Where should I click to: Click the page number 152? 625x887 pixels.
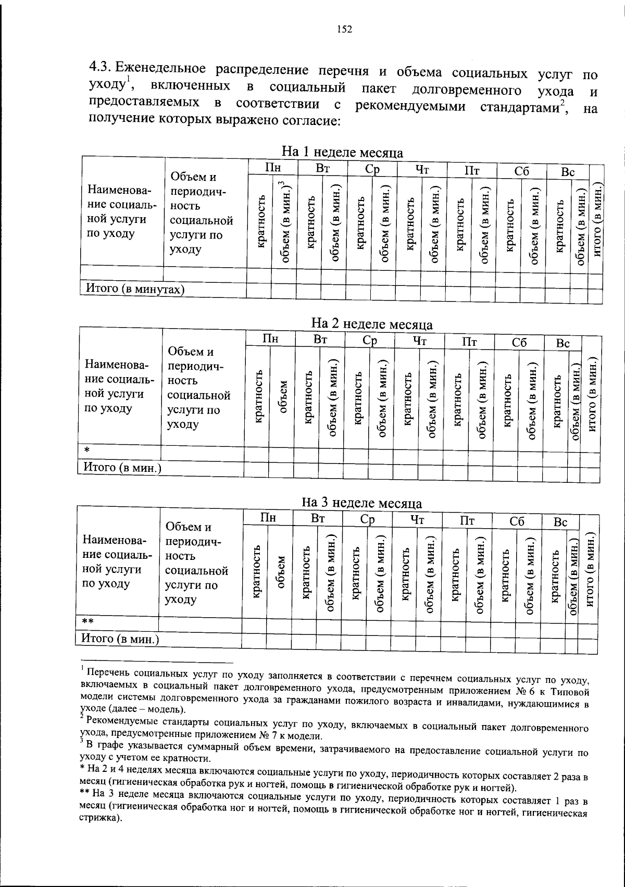click(x=344, y=30)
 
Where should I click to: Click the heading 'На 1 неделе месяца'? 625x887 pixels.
click(x=342, y=152)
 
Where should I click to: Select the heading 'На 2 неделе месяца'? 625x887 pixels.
click(x=371, y=324)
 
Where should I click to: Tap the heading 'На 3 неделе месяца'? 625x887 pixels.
click(x=362, y=503)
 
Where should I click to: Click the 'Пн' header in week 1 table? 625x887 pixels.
click(x=272, y=169)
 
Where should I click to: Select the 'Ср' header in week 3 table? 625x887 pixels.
click(x=367, y=520)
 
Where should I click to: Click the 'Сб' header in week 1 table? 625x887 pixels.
click(x=521, y=171)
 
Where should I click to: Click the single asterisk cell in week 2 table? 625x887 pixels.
click(x=87, y=449)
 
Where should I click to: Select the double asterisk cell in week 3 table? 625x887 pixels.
click(x=88, y=621)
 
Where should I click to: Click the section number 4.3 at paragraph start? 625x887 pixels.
click(x=100, y=67)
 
